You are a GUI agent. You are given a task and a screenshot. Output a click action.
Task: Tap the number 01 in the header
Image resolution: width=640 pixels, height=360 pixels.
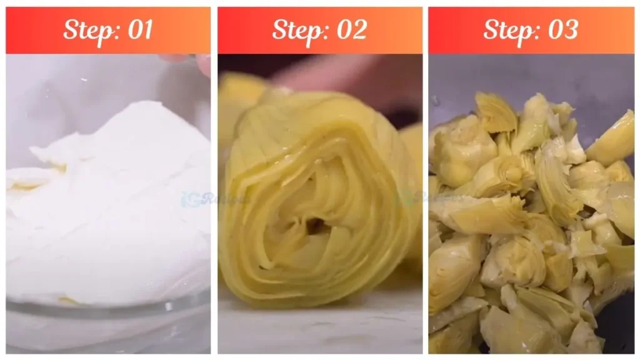pos(139,30)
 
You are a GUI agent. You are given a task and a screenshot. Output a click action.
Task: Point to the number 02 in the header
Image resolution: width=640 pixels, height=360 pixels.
pos(351,30)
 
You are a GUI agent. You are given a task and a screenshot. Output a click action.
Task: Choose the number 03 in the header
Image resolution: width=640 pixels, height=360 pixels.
pos(561,30)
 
